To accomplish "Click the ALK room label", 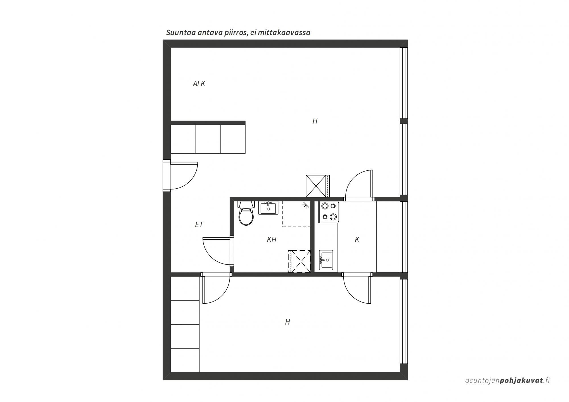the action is point(199,84).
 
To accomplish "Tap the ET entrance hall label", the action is point(199,224).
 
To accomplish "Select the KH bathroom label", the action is point(272,240).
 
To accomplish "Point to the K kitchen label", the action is point(357,240).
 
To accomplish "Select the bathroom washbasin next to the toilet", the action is point(268,208).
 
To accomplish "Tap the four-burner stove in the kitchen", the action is point(329,211).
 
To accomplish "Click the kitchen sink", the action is point(326,260).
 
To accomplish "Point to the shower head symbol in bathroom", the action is point(306,205).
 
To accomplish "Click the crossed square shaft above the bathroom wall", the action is point(318,186).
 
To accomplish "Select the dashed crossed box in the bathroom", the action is point(299,261).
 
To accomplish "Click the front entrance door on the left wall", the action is point(181,175).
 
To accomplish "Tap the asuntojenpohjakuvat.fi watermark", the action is point(508,380).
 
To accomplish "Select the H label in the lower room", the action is point(288,322).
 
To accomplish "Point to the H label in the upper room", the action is point(315,121).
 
